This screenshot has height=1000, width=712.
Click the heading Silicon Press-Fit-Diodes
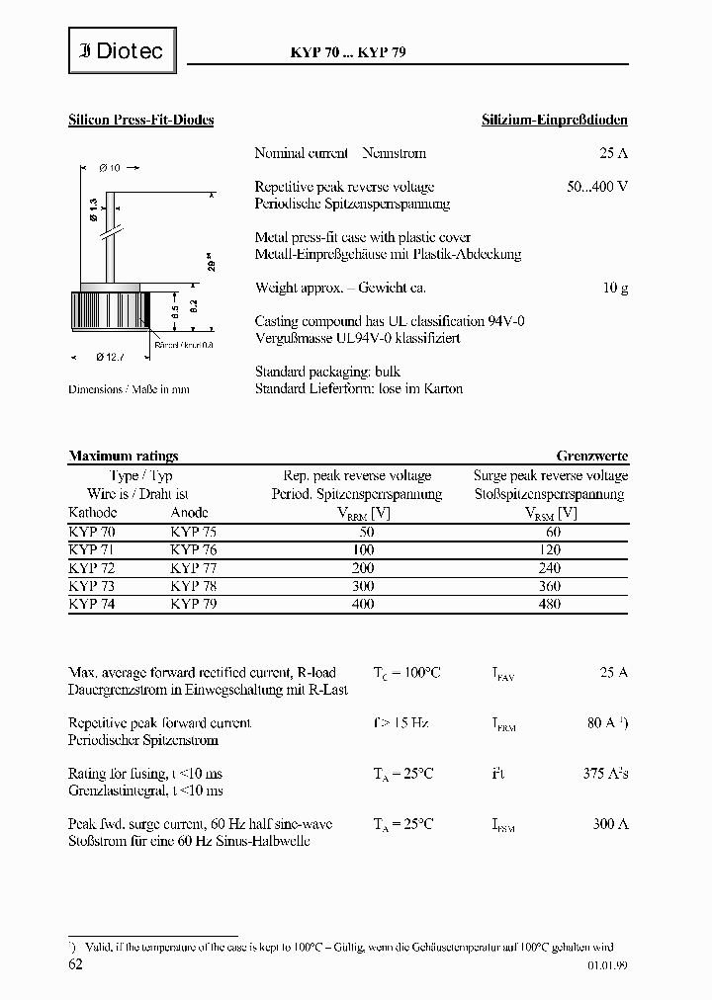[140, 120]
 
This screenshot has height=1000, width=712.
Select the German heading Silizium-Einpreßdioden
[554, 120]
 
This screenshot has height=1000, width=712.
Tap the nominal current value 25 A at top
[613, 153]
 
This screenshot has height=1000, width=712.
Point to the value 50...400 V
[597, 187]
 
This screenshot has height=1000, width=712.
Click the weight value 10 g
[615, 288]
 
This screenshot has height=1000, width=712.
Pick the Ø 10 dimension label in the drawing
[110, 168]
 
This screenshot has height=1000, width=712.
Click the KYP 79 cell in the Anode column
[193, 603]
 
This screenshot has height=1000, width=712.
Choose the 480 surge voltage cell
[552, 603]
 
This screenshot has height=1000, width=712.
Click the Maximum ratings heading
[124, 456]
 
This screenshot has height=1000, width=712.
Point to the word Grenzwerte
[591, 456]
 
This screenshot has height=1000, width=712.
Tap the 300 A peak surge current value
[610, 823]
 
